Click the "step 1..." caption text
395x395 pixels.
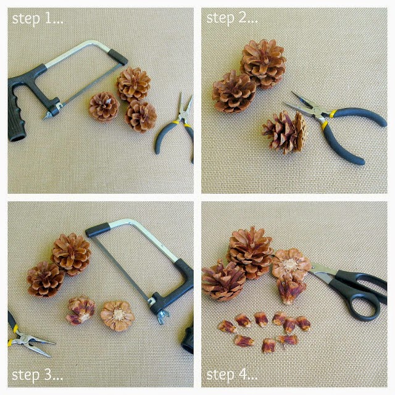[38, 19]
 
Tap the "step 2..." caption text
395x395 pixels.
[232, 18]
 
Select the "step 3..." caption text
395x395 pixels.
[37, 375]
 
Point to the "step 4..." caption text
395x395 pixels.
[232, 375]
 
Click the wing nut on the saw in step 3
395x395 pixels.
[163, 317]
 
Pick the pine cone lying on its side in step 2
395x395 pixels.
[285, 132]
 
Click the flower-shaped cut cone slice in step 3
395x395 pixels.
[118, 315]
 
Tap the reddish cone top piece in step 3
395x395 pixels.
[81, 310]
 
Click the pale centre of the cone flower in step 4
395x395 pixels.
[290, 265]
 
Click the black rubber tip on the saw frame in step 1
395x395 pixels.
[118, 57]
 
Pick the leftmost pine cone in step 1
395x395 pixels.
[104, 107]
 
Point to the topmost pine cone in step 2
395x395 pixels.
[264, 64]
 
